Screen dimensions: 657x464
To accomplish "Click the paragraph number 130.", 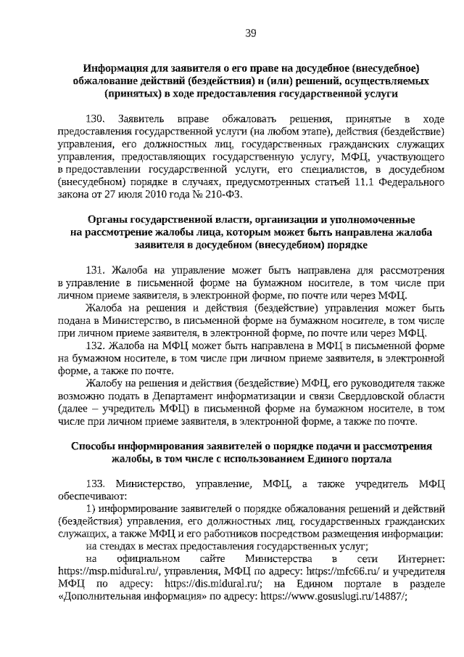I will [x=96, y=118].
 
